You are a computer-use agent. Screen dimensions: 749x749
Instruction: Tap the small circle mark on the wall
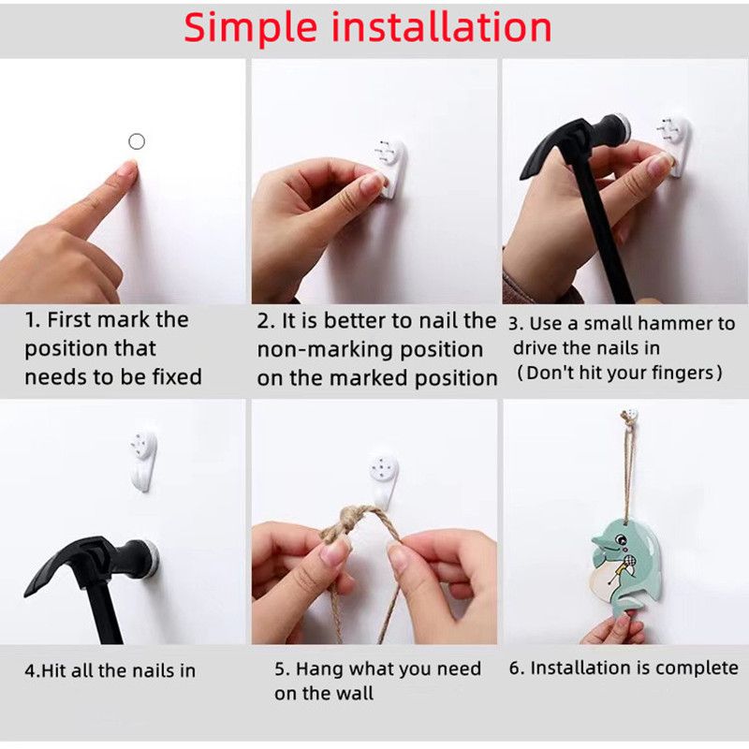137,141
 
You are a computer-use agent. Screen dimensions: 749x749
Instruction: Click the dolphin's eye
612,540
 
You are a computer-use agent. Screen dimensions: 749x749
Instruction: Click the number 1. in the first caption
33,320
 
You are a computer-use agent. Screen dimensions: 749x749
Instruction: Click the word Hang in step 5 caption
320,669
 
